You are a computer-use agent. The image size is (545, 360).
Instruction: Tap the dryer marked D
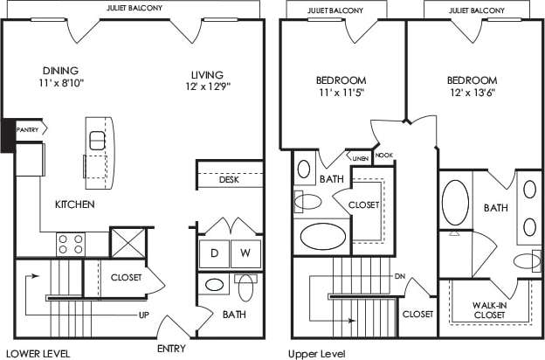tap(214, 254)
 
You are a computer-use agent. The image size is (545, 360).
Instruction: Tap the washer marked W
tap(245, 254)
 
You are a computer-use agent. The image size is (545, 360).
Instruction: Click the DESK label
tap(229, 180)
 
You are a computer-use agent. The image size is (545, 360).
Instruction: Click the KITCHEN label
tap(74, 204)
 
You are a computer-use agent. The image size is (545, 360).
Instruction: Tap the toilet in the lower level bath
tap(245, 287)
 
